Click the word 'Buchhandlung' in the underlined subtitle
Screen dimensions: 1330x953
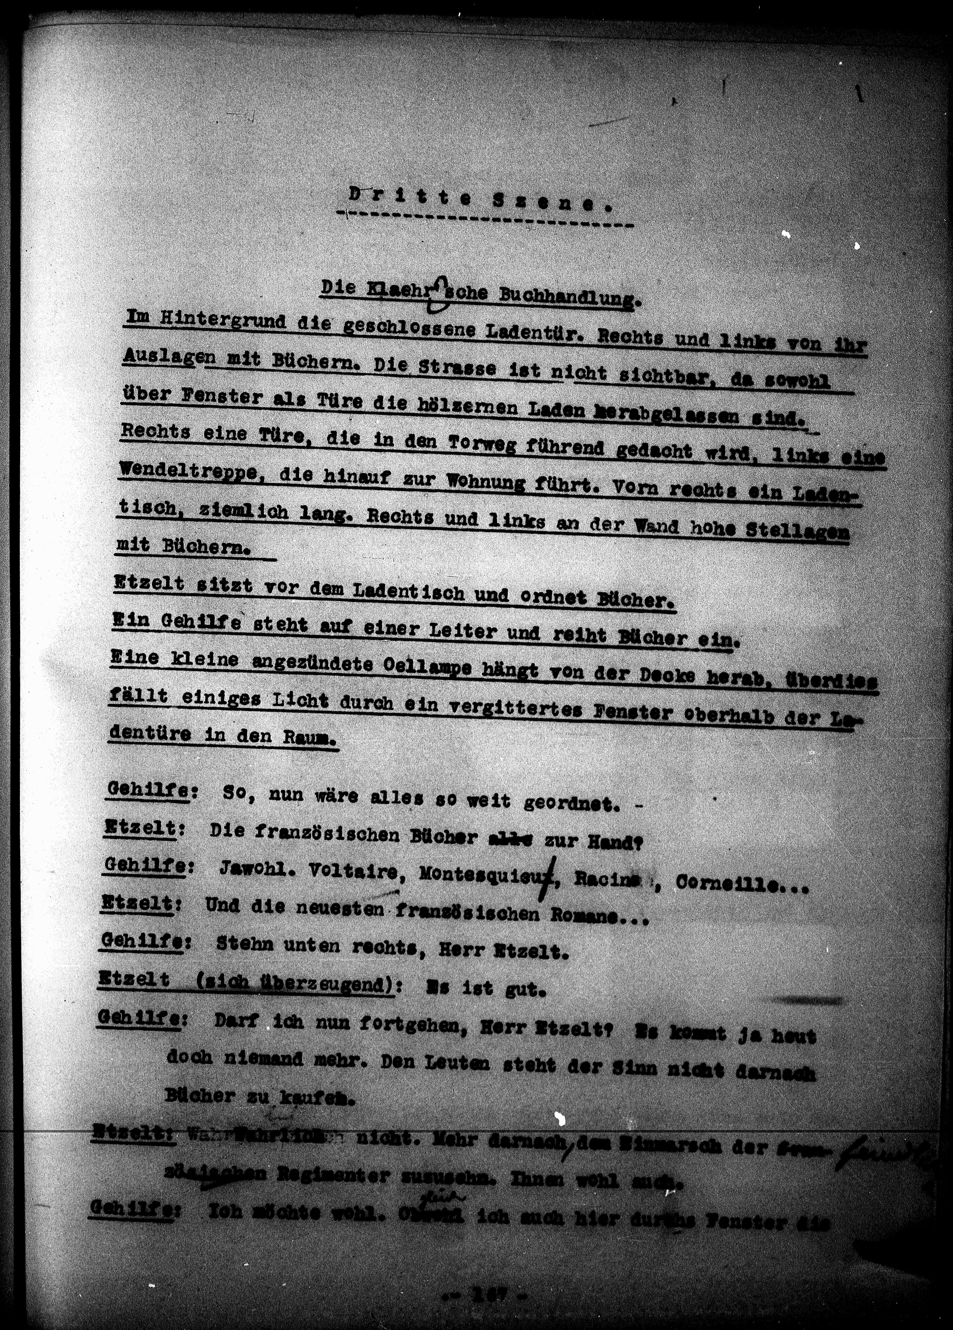pos(566,293)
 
